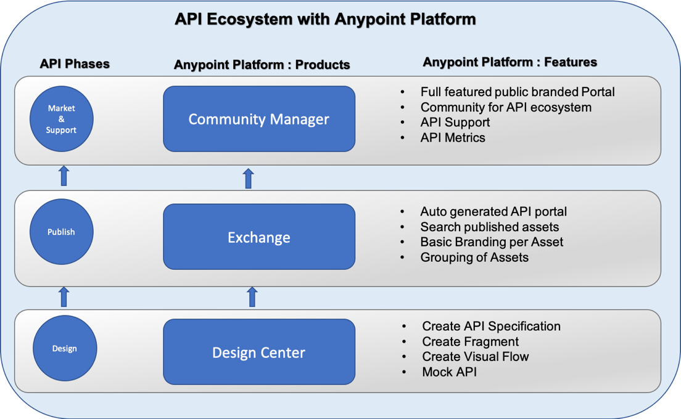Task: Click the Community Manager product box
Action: (x=259, y=119)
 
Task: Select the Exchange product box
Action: (x=259, y=237)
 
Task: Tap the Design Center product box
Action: (x=259, y=352)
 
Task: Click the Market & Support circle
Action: (x=61, y=119)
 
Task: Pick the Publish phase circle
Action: (x=61, y=232)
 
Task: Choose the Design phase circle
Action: (x=64, y=349)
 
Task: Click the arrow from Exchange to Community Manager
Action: (x=249, y=178)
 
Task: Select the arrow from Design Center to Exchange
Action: (x=252, y=297)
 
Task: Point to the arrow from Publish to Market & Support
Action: (x=64, y=175)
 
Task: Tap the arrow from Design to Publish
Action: (x=64, y=297)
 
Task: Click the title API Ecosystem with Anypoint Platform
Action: (x=325, y=19)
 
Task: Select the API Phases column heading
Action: (x=75, y=63)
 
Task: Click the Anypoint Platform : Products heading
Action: (x=262, y=65)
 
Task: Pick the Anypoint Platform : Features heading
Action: (x=510, y=62)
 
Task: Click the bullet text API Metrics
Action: (x=453, y=137)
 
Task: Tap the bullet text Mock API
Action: (x=449, y=372)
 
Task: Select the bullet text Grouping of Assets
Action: (x=474, y=257)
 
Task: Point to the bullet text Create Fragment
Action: (x=470, y=341)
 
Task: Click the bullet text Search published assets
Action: (x=489, y=227)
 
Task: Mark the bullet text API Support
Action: (x=455, y=122)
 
